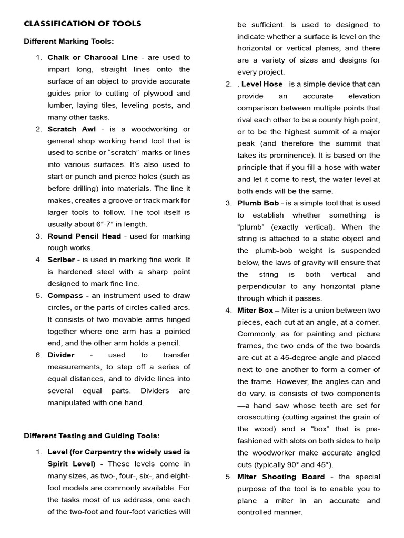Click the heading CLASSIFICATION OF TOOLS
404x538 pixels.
82,24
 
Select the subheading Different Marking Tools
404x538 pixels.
69,41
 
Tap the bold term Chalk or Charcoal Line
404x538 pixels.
93,57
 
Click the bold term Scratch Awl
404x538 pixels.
68,129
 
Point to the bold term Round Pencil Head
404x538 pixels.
84,236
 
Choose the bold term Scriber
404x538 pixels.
61,260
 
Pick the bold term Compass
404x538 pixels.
66,296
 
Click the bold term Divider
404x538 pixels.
61,355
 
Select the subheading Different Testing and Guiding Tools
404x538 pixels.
92,436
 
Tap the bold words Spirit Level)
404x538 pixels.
72,464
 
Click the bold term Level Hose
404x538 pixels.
262,84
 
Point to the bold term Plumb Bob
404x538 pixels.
256,203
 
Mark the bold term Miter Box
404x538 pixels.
255,310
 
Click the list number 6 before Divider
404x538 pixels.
39,355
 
